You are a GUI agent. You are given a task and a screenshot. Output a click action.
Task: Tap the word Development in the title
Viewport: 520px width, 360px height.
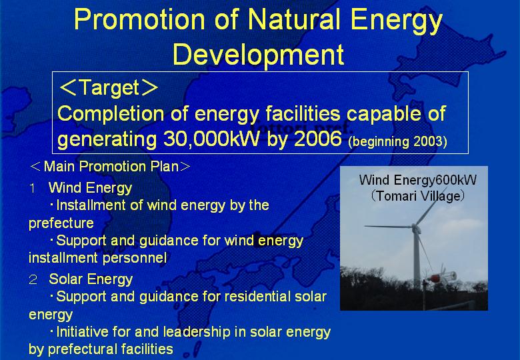point(259,55)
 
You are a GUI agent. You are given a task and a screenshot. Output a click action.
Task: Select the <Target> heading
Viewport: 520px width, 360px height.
point(109,87)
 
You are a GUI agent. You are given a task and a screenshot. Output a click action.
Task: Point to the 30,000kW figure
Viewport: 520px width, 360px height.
point(211,139)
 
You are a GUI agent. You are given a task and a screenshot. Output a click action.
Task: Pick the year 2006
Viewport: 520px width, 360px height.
point(318,138)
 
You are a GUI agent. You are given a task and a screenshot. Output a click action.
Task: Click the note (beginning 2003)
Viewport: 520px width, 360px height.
point(397,141)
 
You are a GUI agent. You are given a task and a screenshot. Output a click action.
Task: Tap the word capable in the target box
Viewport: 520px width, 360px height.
point(384,114)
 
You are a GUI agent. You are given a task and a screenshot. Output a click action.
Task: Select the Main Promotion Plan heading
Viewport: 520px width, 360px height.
point(111,166)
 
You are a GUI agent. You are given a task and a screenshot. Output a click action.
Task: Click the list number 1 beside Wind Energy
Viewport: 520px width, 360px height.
point(33,189)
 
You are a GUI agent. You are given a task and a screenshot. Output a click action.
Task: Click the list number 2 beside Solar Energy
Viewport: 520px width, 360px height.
point(33,280)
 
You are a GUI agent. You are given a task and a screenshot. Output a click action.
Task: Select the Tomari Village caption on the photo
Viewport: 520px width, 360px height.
point(417,196)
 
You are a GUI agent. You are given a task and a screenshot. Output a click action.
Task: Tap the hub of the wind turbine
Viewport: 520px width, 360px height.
point(414,227)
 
